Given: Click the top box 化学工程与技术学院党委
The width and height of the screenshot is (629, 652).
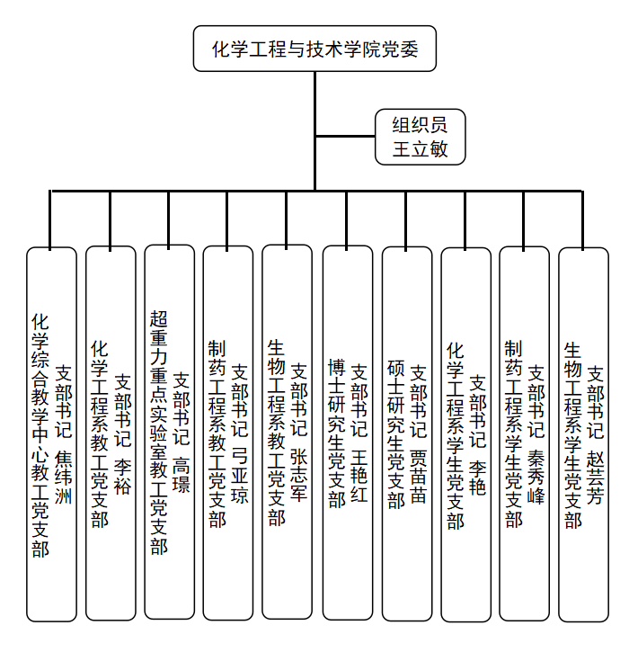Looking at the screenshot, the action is coord(314,49).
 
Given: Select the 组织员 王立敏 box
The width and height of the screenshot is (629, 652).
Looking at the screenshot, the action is coord(420,137).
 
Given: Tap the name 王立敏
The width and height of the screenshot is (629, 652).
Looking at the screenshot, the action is coord(420,149).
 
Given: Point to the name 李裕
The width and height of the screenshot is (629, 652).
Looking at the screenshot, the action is coord(122,477).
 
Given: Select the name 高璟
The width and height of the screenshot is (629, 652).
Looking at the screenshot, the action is coord(182,475).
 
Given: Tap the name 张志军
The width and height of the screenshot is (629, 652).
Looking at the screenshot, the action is coord(298,475).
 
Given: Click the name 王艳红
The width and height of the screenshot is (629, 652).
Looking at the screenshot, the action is coord(359,475).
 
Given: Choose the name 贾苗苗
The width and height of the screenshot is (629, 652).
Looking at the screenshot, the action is coord(418,476).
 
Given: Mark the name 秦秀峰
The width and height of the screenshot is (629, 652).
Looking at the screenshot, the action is coord(536,477).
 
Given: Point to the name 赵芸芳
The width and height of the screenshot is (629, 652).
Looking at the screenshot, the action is coord(595,478).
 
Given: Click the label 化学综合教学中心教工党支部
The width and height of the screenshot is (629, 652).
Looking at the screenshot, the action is coord(40,435).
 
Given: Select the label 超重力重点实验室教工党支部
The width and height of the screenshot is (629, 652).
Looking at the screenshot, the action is coord(158,433).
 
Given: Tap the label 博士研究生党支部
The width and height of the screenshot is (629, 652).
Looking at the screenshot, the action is coord(337,433).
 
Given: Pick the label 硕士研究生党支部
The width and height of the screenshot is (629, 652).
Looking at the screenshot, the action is coord(395,434).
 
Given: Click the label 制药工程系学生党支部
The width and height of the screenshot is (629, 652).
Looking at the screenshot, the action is coord(513,434).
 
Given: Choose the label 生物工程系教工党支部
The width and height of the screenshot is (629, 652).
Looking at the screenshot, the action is coord(276,433).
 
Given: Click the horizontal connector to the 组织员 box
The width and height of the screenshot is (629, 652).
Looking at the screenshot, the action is coord(345,136).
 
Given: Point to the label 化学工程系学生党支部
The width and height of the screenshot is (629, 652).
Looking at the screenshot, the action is coord(455,436).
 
